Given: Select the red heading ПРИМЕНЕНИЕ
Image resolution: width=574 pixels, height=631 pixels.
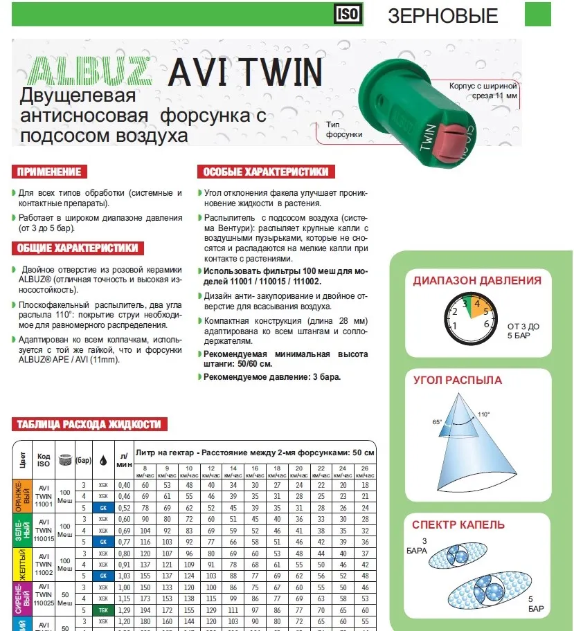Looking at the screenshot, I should click(x=48, y=172).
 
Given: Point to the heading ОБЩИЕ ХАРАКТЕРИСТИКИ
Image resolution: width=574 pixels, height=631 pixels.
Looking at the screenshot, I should click(x=77, y=248).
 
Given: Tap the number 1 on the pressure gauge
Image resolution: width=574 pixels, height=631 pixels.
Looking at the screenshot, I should click(x=454, y=324).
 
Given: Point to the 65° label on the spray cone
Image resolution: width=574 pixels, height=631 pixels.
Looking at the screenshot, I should click(x=438, y=421).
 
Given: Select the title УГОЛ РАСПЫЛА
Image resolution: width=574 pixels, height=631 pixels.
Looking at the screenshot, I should click(x=457, y=380).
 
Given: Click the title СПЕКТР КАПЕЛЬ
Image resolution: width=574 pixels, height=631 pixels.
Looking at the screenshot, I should click(x=458, y=525).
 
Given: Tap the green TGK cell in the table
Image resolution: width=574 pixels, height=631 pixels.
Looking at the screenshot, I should click(x=102, y=610).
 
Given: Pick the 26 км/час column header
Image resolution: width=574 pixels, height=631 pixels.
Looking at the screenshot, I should click(x=366, y=472).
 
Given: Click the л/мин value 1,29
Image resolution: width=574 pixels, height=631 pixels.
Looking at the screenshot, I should click(x=125, y=610).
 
